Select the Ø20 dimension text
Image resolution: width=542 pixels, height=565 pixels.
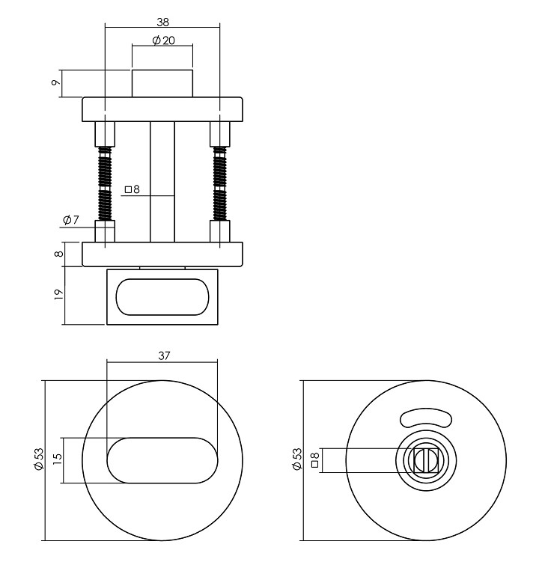tap(163, 40)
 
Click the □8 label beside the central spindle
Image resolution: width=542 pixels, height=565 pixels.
tap(133, 190)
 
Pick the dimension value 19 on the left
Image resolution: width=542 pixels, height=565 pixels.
tap(58, 295)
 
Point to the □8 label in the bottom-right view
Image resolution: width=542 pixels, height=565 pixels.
tap(315, 459)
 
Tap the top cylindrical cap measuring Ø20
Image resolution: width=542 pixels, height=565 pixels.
tap(162, 83)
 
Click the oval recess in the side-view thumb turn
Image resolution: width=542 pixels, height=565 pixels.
tap(162, 296)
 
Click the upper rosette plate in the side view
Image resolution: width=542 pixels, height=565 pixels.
tap(162, 109)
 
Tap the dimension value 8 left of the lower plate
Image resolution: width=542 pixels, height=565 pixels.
tap(58, 254)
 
